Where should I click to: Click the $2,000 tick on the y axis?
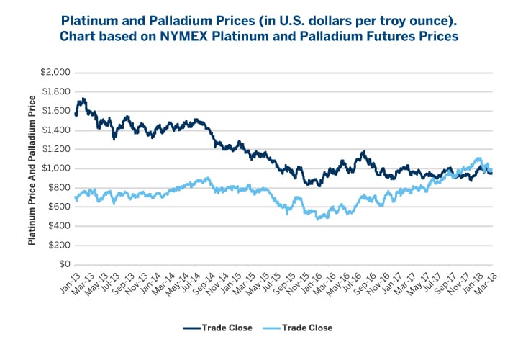click(x=55, y=73)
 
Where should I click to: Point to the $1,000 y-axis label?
click(x=55, y=168)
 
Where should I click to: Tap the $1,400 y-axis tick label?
click(x=55, y=130)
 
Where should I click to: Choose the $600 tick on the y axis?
click(x=60, y=207)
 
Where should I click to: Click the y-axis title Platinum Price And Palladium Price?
click(x=32, y=168)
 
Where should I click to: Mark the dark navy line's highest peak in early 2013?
click(x=84, y=99)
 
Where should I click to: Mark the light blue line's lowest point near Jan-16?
click(x=319, y=217)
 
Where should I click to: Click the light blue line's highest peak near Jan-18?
click(x=477, y=158)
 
